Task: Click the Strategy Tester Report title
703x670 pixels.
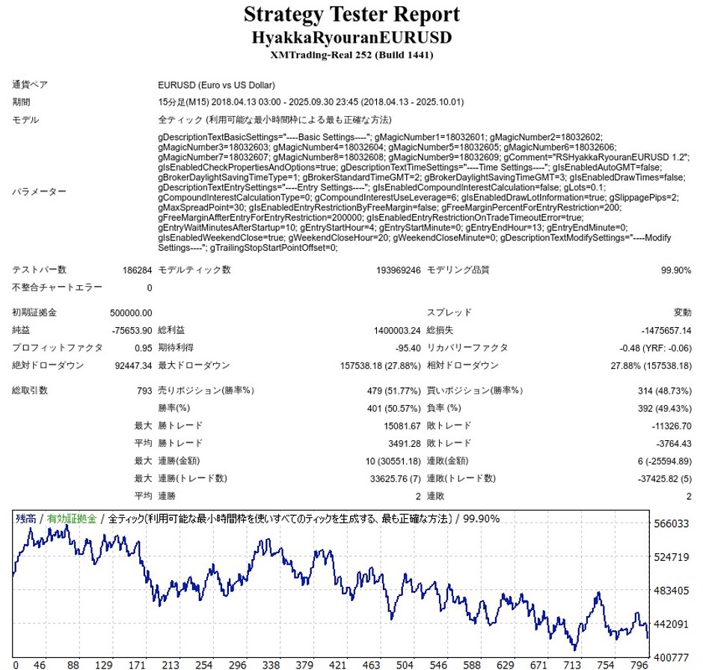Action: coord(351,14)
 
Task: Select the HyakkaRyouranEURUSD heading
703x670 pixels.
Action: coord(351,37)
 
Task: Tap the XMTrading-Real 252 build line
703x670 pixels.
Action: coord(351,55)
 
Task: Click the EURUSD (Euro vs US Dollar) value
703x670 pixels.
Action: coord(217,85)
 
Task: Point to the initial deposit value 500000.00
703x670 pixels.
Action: coord(132,313)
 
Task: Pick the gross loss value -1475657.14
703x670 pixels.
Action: coord(666,330)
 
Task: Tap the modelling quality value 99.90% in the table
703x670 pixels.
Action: coord(675,270)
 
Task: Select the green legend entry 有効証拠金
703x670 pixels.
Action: coord(73,519)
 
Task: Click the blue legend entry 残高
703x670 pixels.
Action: coord(26,519)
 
